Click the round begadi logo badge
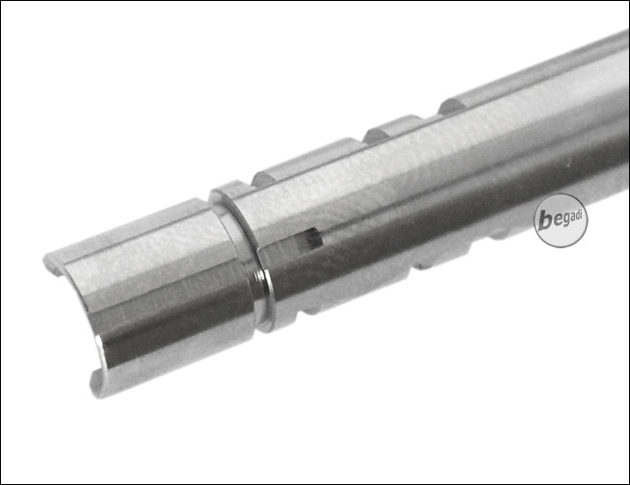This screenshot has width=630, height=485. click(560, 220)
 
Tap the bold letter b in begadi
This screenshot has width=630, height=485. click(545, 220)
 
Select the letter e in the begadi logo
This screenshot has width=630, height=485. click(556, 221)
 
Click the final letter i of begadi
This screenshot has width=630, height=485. click(582, 216)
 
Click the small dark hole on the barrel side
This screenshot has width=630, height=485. click(314, 237)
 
